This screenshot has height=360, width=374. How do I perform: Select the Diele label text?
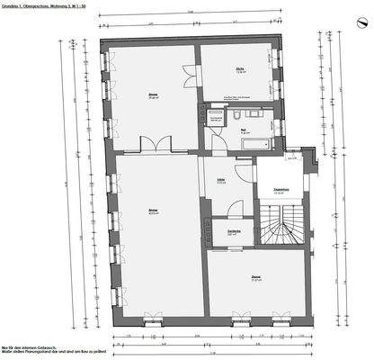coord(220,182)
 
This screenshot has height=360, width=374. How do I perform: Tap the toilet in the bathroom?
coord(233,116)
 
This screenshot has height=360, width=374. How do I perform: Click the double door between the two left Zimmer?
coord(156,146)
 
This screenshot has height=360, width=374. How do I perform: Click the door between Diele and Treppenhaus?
coord(254,184)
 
